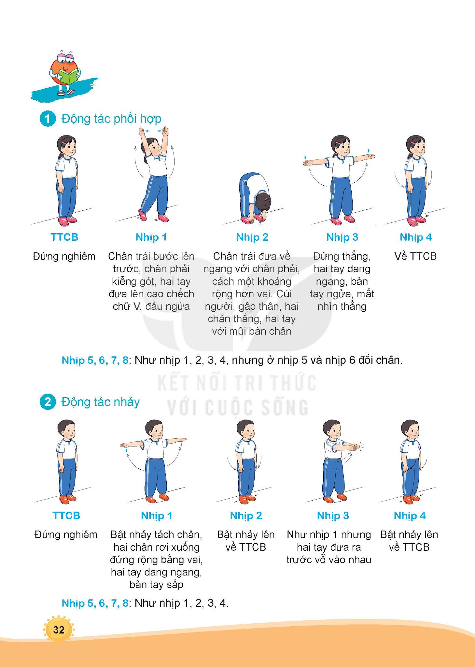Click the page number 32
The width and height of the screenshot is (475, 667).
pos(59,630)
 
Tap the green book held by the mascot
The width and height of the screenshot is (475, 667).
pos(69,77)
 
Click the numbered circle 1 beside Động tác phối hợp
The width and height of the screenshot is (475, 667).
pos(48,119)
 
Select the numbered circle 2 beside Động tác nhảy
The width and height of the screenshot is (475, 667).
pos(48,402)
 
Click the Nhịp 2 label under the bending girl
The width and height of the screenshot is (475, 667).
pos(252,237)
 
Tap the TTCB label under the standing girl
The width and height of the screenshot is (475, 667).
pos(64,237)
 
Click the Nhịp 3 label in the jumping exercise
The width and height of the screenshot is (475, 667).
pos(333,516)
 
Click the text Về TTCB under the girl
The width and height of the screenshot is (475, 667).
pos(415,256)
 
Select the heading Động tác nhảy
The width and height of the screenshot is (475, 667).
pos(101,402)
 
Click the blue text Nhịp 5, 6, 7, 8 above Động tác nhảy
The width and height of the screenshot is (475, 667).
pos(95,360)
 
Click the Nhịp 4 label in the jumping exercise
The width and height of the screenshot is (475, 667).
pos(410,516)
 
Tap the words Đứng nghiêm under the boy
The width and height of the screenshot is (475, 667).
pos(66,534)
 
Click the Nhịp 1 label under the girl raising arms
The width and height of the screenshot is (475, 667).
pos(151,237)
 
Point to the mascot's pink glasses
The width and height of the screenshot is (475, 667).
pos(65,58)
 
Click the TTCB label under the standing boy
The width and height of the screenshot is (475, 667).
pos(66,516)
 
